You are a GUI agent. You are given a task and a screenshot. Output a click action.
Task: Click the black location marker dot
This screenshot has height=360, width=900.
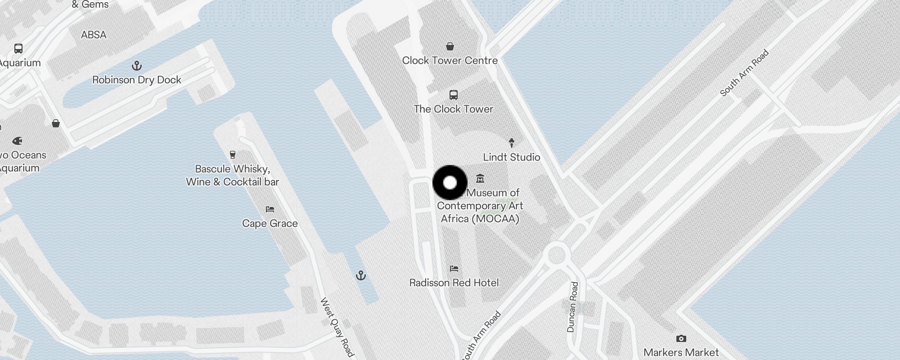click(450, 183)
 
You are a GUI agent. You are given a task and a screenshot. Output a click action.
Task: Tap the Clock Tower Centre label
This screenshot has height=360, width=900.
click(450, 60)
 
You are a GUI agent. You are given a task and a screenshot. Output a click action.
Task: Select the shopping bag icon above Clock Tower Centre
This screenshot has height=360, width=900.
click(450, 46)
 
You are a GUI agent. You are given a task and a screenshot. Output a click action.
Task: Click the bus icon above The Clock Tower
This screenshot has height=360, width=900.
click(454, 95)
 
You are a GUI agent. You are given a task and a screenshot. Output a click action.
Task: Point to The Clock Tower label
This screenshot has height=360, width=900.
click(453, 109)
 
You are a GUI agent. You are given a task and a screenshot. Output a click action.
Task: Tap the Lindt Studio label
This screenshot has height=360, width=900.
click(511, 157)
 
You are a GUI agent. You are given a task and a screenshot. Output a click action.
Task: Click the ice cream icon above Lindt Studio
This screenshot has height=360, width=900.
click(511, 143)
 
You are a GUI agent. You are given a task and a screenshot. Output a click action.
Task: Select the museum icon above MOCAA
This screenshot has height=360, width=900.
click(480, 179)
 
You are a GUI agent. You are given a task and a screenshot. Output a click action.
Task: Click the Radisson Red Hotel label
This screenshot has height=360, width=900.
click(454, 283)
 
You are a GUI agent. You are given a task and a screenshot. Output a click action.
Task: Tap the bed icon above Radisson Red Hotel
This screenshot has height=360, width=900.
click(454, 269)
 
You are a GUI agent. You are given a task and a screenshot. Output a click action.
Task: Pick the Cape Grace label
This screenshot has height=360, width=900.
click(270, 223)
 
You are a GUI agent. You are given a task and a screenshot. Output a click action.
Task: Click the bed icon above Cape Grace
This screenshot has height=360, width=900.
click(270, 209)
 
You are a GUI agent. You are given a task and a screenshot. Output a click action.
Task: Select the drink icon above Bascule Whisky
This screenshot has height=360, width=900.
click(233, 155)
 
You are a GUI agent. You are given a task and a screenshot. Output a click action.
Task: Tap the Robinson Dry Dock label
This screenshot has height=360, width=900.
click(136, 80)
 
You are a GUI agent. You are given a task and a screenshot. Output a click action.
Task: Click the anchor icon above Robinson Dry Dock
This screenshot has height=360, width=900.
click(137, 66)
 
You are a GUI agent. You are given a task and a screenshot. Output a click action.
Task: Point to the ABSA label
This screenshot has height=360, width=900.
click(94, 35)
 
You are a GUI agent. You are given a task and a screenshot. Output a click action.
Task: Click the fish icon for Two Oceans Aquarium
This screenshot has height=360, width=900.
click(17, 141)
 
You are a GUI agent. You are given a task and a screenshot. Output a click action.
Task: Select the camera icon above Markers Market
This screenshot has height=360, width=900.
click(681, 338)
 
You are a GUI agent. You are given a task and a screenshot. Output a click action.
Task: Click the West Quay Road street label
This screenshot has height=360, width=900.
click(337, 327)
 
